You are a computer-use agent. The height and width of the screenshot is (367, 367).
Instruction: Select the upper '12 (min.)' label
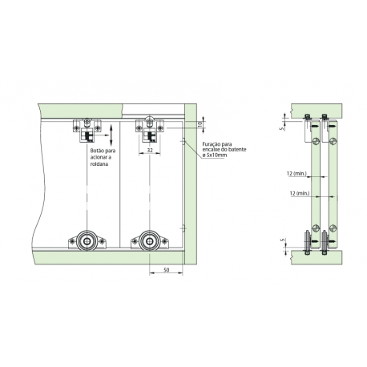(297, 173)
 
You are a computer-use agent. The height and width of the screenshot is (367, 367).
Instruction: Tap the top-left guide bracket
(87, 128)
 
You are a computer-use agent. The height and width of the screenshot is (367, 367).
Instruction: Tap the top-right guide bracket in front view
(149, 128)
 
